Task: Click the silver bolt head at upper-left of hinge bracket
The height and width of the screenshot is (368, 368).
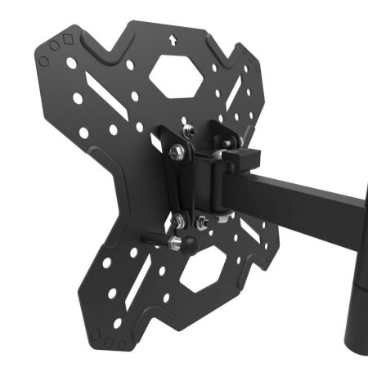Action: click(175, 152)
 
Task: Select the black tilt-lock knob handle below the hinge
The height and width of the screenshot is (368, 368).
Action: click(155, 240)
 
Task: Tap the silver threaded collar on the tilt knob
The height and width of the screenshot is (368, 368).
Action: click(174, 243)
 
